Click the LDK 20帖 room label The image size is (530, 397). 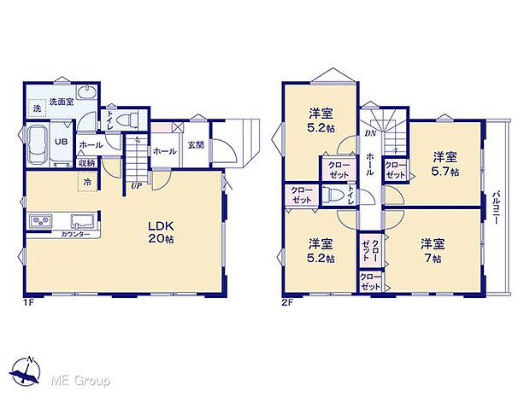click(162, 232)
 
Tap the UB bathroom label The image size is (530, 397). click(62, 143)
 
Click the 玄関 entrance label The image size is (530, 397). click(196, 145)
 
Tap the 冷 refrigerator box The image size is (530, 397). click(87, 181)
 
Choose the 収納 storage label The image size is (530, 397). click(86, 163)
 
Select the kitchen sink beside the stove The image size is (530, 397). click(82, 219)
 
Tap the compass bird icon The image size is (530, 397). click(30, 371)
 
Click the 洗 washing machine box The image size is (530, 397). click(37, 108)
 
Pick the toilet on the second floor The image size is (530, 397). click(332, 194)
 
